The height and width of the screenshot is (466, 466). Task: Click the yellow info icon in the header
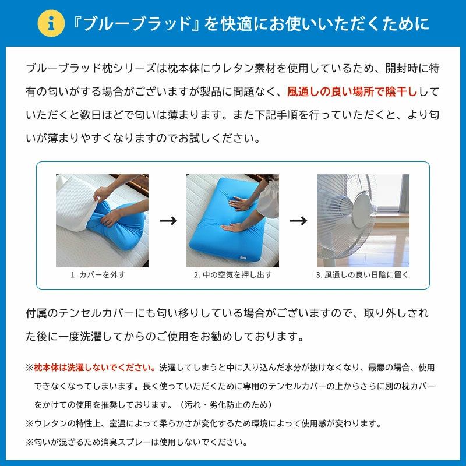click(x=51, y=23)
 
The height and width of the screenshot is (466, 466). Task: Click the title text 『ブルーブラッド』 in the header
click(x=136, y=23)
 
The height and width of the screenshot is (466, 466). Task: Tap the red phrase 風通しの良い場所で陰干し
click(x=352, y=92)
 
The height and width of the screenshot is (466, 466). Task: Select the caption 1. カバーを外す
click(x=98, y=275)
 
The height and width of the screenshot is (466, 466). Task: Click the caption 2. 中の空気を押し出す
click(x=232, y=275)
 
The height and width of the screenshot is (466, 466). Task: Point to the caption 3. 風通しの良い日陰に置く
click(x=362, y=275)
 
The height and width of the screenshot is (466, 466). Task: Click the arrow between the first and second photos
click(x=168, y=221)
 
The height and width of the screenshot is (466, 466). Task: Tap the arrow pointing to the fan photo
click(x=298, y=221)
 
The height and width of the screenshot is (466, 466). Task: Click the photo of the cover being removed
click(x=102, y=221)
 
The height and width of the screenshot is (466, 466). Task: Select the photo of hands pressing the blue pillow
click(x=232, y=221)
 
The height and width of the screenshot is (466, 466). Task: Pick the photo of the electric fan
click(x=362, y=221)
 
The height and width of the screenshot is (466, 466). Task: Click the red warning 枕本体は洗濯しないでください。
click(x=94, y=368)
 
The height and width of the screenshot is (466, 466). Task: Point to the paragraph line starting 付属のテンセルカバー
click(x=227, y=313)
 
